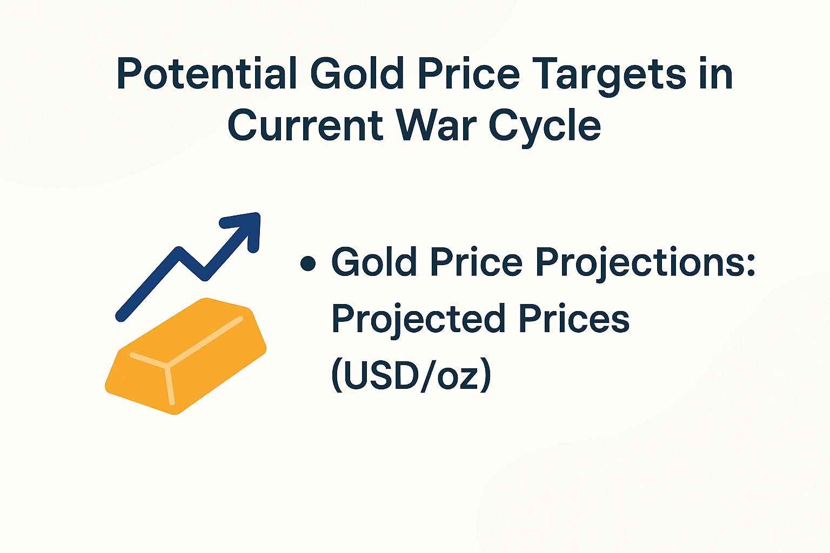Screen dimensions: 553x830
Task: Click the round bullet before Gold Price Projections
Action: point(308,264)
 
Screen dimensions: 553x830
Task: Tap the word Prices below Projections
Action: point(574,319)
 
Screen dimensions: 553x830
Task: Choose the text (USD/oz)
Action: point(411,375)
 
